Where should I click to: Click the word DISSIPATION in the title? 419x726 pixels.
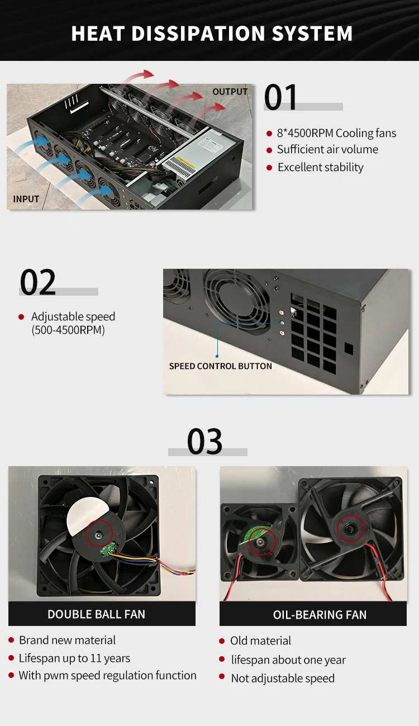(198, 34)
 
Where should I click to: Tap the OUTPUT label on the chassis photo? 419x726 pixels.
(230, 92)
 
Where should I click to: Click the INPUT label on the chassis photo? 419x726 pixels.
(26, 198)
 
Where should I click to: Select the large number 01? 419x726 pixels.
(280, 97)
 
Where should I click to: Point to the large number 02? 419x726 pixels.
(37, 282)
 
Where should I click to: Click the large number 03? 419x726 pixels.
(204, 442)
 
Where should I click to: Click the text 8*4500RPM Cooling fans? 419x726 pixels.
(336, 133)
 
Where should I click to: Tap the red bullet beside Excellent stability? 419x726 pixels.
(269, 168)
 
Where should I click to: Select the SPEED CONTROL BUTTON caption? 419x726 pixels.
(220, 366)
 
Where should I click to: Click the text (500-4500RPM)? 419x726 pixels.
(68, 330)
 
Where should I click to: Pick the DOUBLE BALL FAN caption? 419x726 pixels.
(96, 614)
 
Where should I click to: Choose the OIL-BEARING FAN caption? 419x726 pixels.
(320, 615)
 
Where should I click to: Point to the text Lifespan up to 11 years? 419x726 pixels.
(74, 658)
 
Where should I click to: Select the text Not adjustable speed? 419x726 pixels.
(283, 678)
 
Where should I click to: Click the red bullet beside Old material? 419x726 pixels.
(222, 640)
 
